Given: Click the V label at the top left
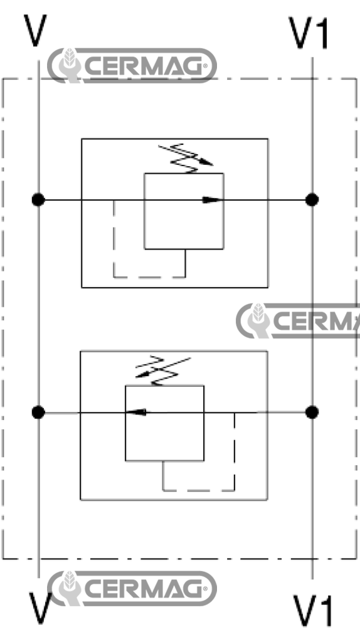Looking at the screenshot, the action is click(35, 31).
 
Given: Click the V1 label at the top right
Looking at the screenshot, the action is click(309, 34).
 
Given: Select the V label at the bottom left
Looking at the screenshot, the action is click(40, 608).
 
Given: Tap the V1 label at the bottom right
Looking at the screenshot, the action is click(314, 611).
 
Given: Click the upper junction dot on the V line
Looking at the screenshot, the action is click(38, 200).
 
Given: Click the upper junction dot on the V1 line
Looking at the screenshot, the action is click(312, 200).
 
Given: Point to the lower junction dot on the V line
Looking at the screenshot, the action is click(38, 413).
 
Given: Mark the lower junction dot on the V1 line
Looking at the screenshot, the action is click(312, 413).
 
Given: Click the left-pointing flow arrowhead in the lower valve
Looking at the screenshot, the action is click(136, 413).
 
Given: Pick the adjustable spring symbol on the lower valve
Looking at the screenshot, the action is click(163, 371).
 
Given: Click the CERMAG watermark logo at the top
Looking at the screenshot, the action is click(132, 65).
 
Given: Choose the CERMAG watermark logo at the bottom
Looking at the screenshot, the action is click(132, 588).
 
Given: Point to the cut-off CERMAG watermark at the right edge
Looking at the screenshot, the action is click(298, 321).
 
